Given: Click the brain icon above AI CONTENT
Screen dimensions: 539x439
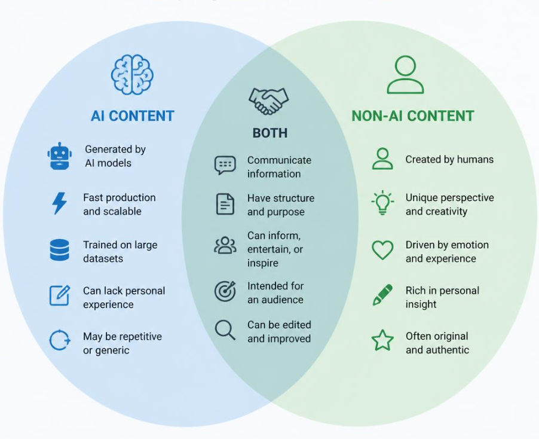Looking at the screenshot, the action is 132,74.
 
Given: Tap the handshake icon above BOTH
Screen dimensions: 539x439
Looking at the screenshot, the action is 268,101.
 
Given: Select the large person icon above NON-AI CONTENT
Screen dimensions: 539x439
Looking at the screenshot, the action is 405,75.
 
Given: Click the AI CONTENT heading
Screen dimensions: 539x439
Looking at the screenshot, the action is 132,116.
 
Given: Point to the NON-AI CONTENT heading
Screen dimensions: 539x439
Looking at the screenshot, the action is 413,116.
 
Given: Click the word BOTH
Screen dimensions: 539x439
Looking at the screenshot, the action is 270,133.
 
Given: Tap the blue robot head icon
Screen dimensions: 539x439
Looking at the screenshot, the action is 60,156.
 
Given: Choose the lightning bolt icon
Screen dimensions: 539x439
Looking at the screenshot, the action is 60,203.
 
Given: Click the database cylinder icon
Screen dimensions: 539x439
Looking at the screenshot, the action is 60,250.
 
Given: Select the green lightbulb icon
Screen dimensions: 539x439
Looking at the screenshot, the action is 382,203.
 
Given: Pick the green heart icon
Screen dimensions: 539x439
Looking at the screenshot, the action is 382,250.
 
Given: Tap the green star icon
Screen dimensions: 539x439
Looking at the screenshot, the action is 382,340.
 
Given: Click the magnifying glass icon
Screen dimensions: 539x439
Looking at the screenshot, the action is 225,330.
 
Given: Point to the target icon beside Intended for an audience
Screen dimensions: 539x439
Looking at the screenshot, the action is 225,291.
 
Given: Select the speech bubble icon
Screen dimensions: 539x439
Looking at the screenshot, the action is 225,165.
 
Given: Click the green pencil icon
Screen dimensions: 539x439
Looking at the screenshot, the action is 382,295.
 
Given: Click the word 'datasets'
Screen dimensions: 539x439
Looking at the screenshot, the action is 103,258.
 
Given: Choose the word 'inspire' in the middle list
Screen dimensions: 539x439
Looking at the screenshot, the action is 262,263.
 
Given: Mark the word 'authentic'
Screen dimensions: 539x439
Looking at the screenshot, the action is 448,350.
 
